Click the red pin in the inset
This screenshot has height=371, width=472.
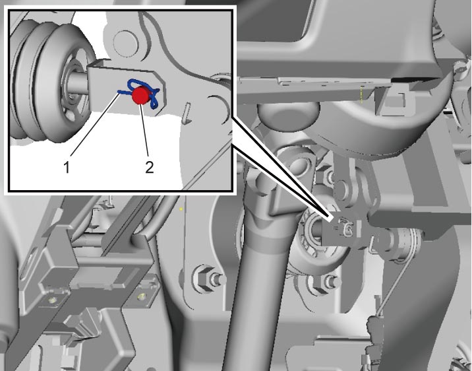click(139, 95)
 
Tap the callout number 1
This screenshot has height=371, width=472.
click(67, 166)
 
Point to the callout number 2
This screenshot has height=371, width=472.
click(150, 166)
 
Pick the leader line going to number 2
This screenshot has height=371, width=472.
click(144, 130)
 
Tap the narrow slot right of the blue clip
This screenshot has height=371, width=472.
click(187, 113)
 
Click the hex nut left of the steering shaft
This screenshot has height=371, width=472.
click(204, 277)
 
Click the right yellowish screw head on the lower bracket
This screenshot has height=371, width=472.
click(141, 296)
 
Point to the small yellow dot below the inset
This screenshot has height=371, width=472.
click(181, 209)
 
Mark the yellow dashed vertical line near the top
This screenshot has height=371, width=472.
click(361, 94)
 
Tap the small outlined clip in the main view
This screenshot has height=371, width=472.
click(347, 228)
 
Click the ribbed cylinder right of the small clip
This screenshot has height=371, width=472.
click(400, 245)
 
